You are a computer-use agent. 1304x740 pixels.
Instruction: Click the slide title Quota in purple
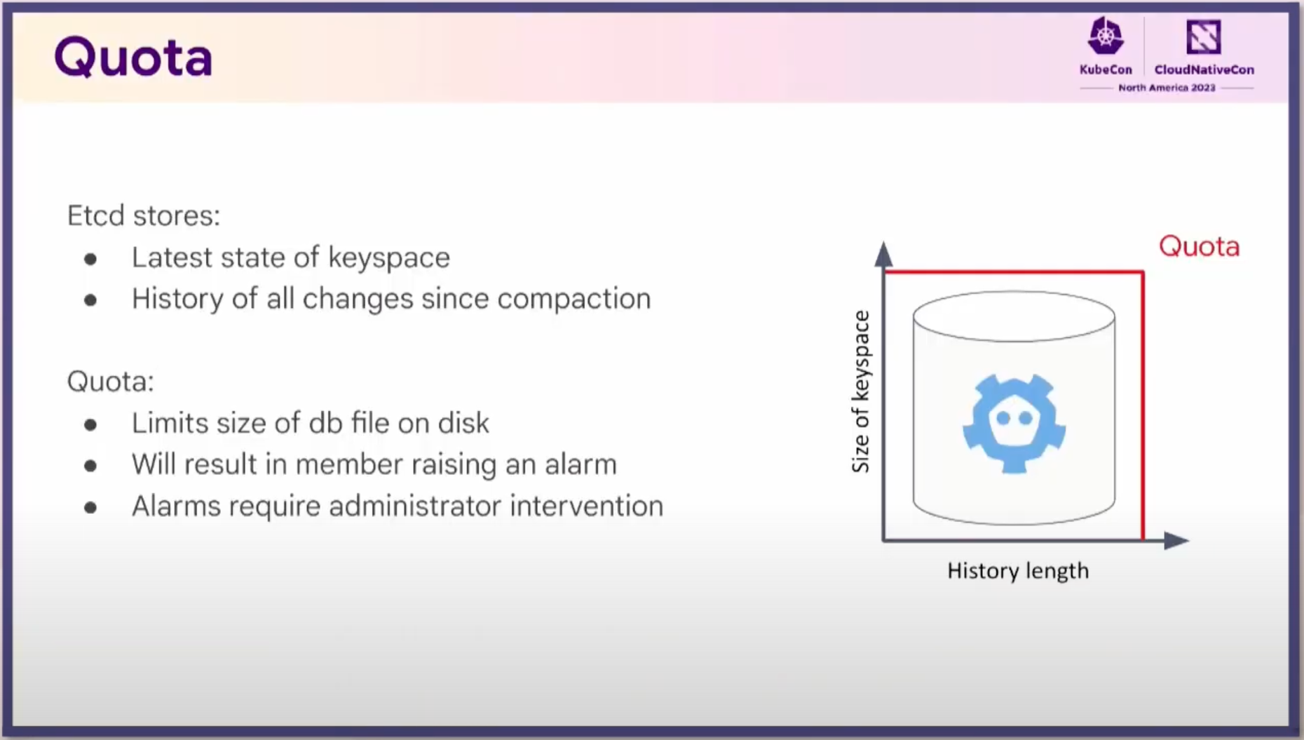coord(133,58)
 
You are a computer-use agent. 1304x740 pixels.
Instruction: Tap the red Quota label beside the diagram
coord(1199,247)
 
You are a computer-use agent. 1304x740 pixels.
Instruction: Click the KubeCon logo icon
coord(1106,36)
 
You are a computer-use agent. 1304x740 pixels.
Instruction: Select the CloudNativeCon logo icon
coord(1203,36)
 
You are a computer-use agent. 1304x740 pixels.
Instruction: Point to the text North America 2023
coord(1167,88)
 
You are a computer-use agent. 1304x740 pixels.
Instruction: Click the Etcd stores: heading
coord(144,215)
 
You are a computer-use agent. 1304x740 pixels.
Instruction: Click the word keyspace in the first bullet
coord(389,258)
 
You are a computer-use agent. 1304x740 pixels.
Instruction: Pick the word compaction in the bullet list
coord(574,300)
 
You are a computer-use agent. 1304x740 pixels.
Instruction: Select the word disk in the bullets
coord(463,423)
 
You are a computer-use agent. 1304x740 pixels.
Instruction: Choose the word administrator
coord(415,506)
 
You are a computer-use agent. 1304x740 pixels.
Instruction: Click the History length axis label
coord(1018,571)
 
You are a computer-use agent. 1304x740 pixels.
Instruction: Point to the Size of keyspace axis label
coord(861,392)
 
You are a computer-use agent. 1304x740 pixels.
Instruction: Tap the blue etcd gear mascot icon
coord(1014,424)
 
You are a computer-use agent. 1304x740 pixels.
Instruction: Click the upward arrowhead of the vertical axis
coord(883,254)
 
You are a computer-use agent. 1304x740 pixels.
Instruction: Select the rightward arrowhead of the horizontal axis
coord(1176,540)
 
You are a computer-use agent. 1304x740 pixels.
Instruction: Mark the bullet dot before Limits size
coord(90,424)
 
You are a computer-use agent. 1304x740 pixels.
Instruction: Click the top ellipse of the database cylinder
coord(1014,317)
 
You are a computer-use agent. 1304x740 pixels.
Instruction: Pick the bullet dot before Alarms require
coord(90,507)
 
